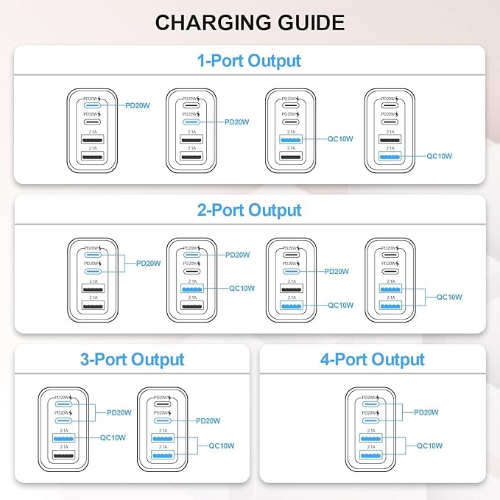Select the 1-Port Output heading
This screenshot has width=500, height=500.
(x=250, y=60)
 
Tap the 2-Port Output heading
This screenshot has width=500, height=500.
(x=250, y=210)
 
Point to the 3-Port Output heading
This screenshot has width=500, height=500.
(x=133, y=359)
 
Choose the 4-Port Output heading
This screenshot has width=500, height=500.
(x=373, y=359)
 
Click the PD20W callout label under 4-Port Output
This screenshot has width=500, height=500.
(x=428, y=413)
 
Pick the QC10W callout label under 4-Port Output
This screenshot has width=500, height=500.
(x=429, y=445)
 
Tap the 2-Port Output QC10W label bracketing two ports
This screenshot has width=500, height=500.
(x=450, y=297)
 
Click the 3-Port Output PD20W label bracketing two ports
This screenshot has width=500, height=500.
(x=119, y=412)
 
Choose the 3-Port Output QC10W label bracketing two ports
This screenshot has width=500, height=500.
(x=221, y=446)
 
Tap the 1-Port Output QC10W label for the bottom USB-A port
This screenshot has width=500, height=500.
(x=440, y=156)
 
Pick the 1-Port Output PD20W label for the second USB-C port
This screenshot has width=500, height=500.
(x=237, y=122)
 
